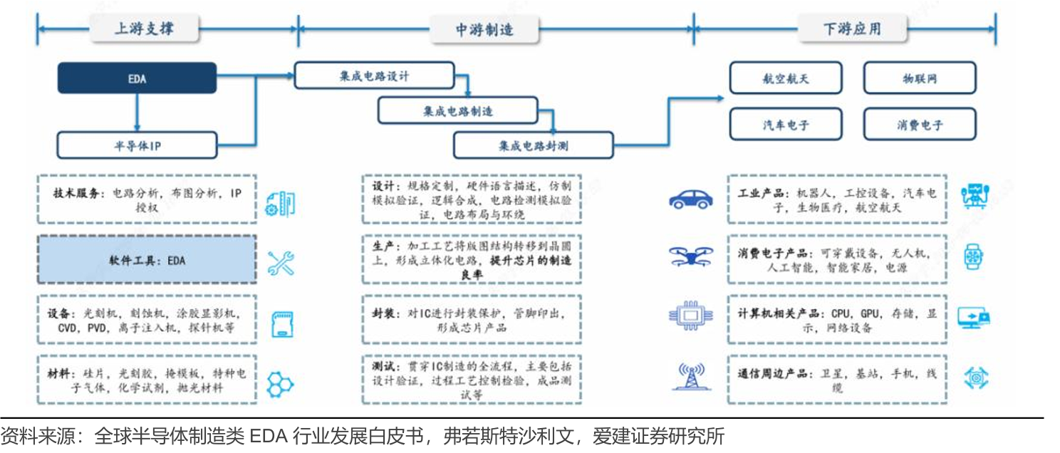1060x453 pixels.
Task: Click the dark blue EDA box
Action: coord(137,78)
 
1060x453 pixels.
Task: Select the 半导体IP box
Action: coord(137,145)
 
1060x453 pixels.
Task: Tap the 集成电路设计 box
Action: coord(374,75)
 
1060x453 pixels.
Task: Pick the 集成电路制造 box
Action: coord(458,111)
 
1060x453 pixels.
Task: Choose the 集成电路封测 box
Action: coord(534,145)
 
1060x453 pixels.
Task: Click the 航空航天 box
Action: coord(786,78)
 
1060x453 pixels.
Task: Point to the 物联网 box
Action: coord(920,78)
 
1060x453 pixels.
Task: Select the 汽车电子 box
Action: coord(786,125)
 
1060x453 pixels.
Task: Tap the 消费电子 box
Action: coord(920,125)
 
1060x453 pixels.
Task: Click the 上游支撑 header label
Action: coord(145,29)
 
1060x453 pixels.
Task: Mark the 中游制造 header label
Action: coord(484,29)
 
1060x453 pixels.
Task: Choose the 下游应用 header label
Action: coord(853,29)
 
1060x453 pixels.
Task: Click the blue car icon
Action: coord(691,199)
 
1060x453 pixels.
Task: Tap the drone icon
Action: coord(691,256)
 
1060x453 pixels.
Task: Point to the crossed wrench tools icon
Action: coord(281,264)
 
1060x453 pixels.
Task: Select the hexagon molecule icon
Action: coord(280,384)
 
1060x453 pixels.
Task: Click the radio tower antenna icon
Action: coord(692,376)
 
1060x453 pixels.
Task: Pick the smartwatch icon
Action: coord(973,257)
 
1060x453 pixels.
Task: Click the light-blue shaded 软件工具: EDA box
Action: coord(147,259)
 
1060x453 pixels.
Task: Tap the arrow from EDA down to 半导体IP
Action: coord(137,113)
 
